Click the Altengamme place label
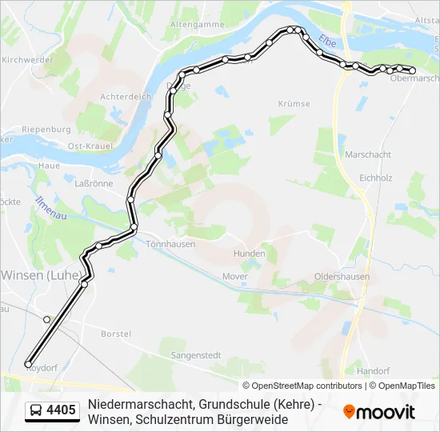coord(197,25)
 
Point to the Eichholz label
coord(376,177)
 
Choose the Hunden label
coord(249,254)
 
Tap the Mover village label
coord(235,276)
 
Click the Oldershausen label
coord(342,276)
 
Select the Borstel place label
coord(116,333)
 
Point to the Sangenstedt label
coord(196,354)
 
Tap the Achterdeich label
coord(126,97)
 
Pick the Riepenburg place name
coord(46,130)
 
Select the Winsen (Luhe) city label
coord(40,274)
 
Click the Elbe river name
coord(327,42)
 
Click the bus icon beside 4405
coord(36,411)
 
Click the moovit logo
coord(379,412)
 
